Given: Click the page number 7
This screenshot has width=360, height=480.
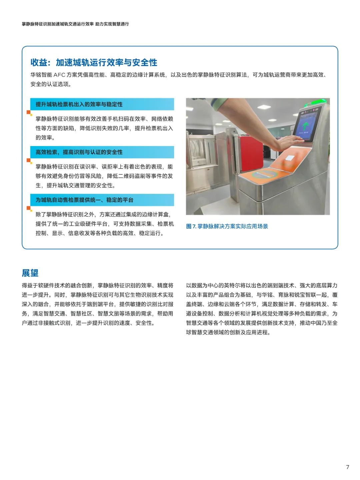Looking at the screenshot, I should [x=347, y=467].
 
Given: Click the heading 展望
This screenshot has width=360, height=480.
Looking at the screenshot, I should [x=30, y=273].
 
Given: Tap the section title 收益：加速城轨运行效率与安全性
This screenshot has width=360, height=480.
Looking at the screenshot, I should [x=94, y=62].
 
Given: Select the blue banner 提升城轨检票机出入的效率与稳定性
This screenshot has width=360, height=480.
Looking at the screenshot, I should [x=102, y=104].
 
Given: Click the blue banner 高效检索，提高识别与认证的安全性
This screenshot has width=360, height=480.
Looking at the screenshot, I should [x=102, y=152].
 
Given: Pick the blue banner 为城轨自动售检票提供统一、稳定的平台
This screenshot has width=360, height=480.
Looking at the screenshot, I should [x=102, y=200].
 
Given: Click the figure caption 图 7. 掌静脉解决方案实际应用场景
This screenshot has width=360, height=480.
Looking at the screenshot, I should [x=227, y=226].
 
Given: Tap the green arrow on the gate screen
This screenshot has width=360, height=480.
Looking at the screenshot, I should [x=305, y=126].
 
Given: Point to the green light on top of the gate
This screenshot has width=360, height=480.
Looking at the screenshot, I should [x=315, y=101].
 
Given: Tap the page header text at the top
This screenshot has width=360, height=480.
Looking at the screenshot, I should [x=75, y=24].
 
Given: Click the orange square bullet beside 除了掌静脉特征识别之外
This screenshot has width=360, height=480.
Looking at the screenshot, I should [x=29, y=208].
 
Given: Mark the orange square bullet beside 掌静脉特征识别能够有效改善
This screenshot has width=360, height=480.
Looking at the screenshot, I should [x=29, y=113].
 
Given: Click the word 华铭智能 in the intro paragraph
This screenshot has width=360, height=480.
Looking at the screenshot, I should [x=41, y=75].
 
